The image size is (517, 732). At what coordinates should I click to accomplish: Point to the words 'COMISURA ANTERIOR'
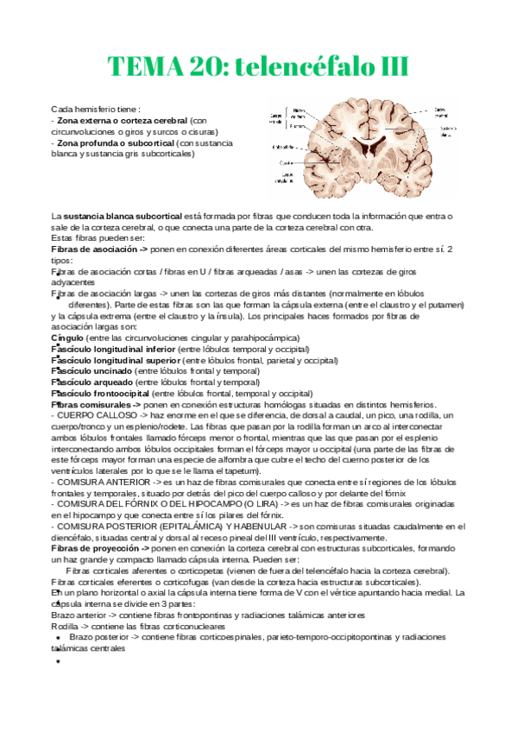(99, 481)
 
